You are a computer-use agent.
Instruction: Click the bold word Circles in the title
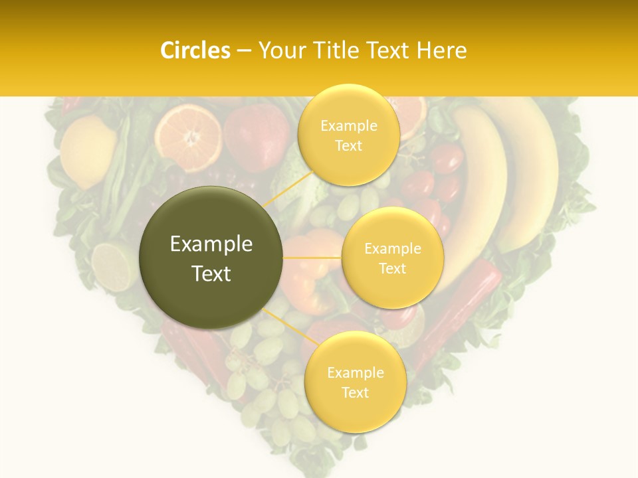pos(195,50)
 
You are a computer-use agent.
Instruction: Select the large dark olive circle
pos(211,258)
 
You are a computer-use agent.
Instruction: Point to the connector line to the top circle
pos(287,189)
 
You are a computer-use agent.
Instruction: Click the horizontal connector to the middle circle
pos(312,258)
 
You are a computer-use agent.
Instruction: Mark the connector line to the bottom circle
pos(291,327)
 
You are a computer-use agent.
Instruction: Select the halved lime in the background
pos(113,266)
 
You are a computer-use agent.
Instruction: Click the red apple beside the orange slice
pos(256,136)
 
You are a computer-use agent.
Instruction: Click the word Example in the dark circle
pos(211,244)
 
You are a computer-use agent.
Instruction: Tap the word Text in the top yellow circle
pos(348,146)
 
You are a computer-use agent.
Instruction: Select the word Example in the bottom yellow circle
pos(355,373)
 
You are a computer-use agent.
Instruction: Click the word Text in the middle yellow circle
pos(392,269)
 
